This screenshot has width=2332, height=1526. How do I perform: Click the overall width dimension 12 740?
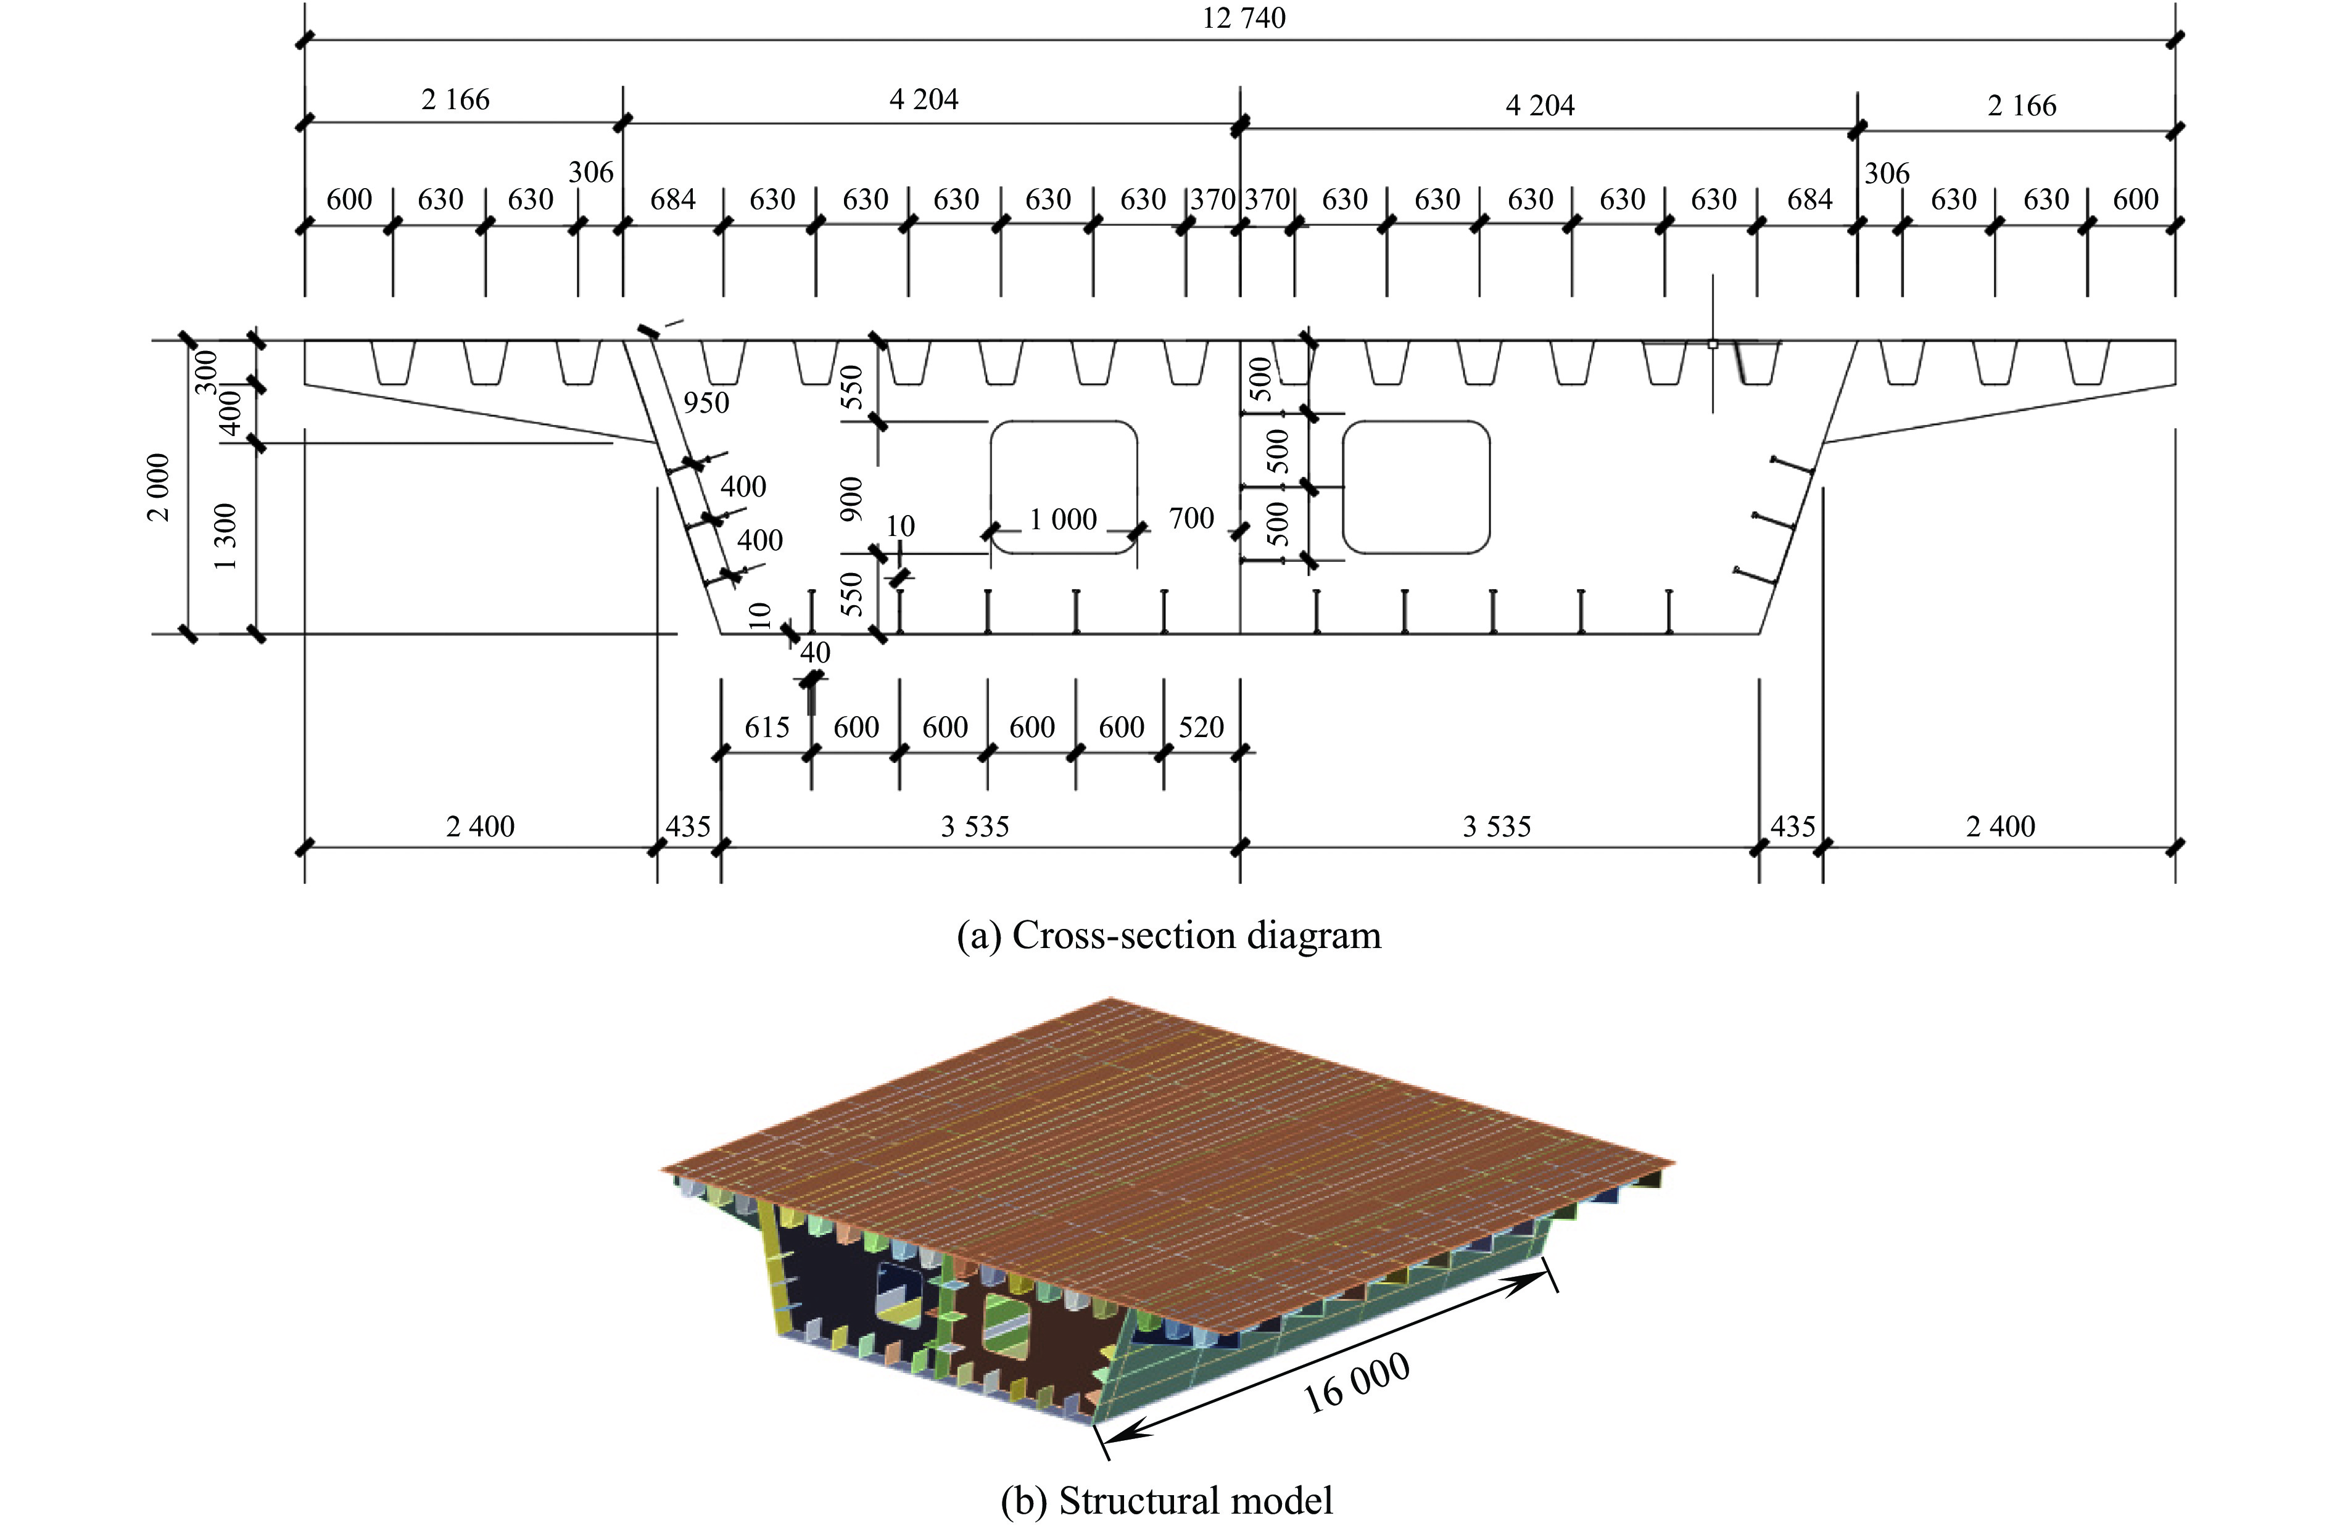1243,19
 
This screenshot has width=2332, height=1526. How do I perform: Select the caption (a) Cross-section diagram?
1168,935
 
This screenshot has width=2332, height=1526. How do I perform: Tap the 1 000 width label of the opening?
1062,519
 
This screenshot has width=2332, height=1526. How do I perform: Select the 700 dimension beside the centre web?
1191,518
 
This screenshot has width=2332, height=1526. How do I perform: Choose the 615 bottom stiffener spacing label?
766,727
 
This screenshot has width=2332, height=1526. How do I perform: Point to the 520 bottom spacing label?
1201,727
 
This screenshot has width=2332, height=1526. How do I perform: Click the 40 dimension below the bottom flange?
814,653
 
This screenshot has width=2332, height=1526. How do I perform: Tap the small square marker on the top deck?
1712,345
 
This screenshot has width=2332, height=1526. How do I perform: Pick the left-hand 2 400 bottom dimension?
480,827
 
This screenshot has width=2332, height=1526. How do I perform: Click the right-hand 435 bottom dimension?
1792,827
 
